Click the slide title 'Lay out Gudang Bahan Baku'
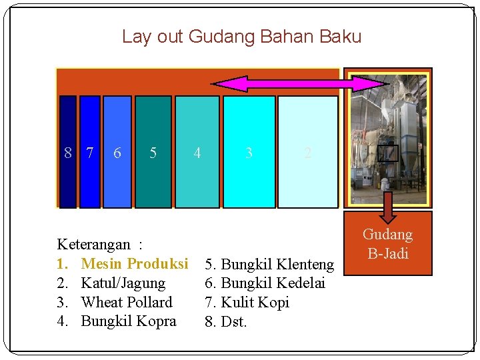point(241,37)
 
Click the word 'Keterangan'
point(94,245)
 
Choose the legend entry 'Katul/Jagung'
point(123,283)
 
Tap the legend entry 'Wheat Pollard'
point(127,302)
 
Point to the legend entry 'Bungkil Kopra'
point(129,321)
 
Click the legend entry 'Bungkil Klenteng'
point(277,265)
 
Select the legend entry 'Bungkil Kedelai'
point(273,283)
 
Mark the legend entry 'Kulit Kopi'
point(255,302)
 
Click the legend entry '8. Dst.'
point(226,322)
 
